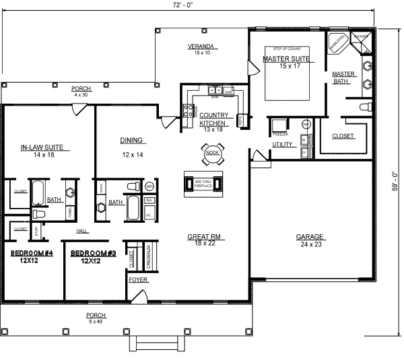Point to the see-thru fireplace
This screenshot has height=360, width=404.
[203, 182]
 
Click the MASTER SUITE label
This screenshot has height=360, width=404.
[282, 59]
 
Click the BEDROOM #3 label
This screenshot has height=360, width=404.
[91, 253]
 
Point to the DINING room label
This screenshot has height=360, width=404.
[132, 141]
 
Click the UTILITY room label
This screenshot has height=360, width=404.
[281, 145]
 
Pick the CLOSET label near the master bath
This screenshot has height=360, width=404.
[343, 137]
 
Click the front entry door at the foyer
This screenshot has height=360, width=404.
[140, 295]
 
